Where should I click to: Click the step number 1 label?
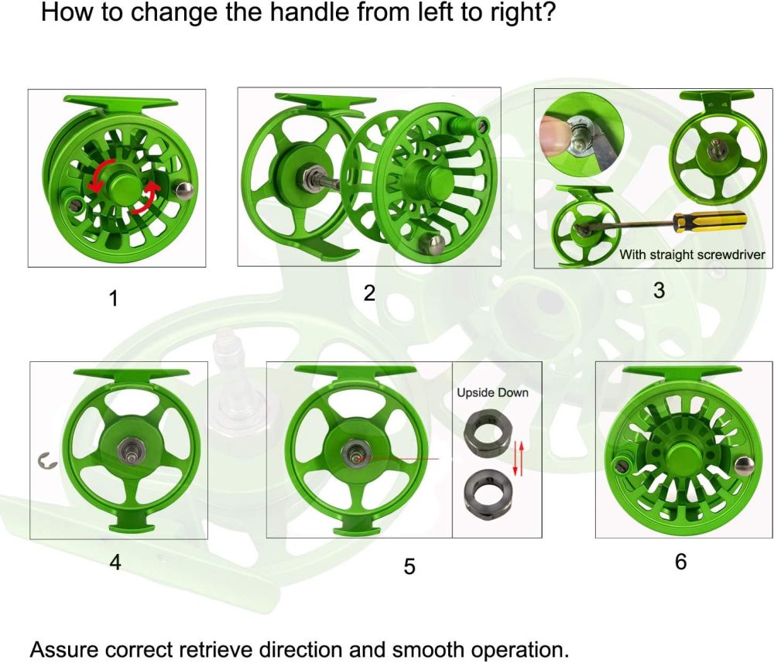point(114,299)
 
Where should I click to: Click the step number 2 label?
point(369,294)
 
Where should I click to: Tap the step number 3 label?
point(659,291)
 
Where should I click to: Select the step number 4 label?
point(115,562)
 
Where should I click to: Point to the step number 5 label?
point(409,566)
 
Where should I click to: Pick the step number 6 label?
point(680,562)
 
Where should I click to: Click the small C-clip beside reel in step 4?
point(46,462)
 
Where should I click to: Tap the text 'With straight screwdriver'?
point(692,255)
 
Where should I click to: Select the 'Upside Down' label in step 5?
point(492,393)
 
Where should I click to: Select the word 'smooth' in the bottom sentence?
point(406,648)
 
